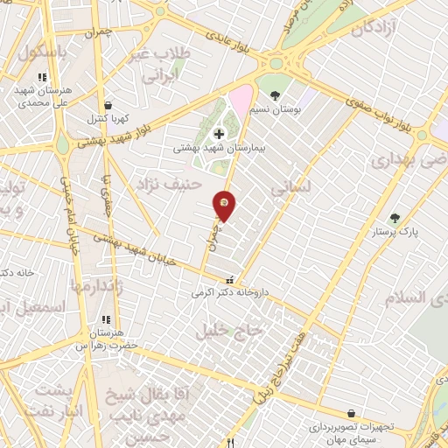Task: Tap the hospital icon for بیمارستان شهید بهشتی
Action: [218, 134]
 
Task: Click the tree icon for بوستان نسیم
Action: [276, 94]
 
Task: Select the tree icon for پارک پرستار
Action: [395, 218]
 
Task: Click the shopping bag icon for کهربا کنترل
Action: [107, 104]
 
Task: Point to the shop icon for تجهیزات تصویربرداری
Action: [351, 413]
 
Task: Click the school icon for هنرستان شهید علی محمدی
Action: [41, 77]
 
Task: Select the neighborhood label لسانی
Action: [291, 187]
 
